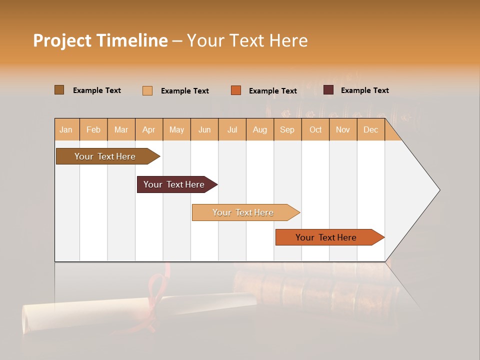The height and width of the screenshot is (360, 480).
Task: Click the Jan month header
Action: tap(66, 129)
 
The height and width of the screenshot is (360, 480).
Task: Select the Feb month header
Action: tap(93, 129)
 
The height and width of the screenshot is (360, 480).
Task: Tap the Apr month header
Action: tap(148, 129)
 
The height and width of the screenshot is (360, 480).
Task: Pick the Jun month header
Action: tap(204, 129)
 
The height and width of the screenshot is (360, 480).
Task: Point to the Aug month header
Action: tap(259, 129)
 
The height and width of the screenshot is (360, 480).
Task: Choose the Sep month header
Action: tap(287, 129)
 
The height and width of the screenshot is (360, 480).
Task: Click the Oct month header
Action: tap(315, 129)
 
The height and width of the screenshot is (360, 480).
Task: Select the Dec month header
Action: tap(370, 129)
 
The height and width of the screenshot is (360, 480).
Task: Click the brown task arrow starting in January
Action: tap(105, 156)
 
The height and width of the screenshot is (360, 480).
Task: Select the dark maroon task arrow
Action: tap(174, 184)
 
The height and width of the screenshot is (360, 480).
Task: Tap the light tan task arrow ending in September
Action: tap(243, 212)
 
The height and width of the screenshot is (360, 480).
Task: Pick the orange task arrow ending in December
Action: tap(326, 237)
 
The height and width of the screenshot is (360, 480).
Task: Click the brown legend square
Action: tap(59, 90)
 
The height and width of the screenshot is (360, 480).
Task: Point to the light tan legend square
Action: tap(147, 90)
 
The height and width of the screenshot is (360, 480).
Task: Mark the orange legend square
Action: tap(236, 90)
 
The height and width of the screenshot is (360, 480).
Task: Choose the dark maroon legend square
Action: tap(328, 90)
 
